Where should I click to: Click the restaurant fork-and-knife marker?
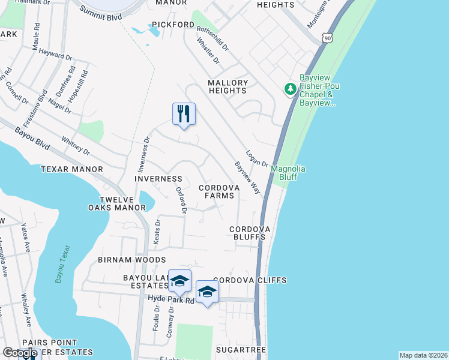point(184,113)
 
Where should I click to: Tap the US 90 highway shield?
point(327,38)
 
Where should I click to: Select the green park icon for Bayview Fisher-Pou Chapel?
point(291,89)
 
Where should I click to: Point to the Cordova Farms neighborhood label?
point(219,191)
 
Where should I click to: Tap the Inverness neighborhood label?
point(158,179)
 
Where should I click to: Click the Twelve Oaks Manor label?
point(123,203)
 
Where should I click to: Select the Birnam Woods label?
point(132,260)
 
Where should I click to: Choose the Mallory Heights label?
point(228,86)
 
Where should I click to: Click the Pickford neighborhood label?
point(173,25)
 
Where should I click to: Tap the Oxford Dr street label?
point(181,200)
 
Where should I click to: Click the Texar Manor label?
point(72,169)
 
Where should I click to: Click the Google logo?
point(20,353)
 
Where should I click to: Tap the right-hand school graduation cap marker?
point(207,292)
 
